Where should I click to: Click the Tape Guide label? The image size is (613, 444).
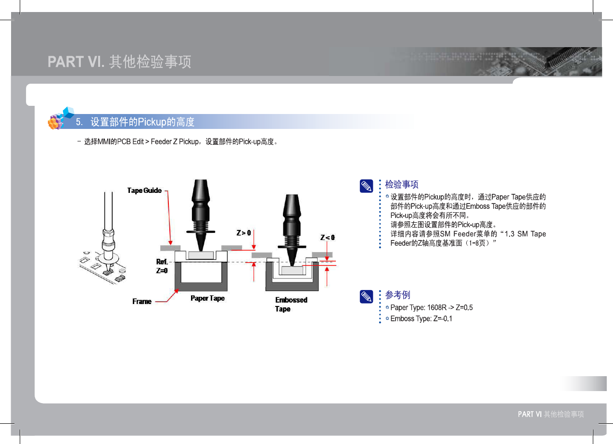(144, 190)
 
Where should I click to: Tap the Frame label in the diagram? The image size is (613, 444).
(142, 302)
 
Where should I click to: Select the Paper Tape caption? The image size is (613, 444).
(207, 298)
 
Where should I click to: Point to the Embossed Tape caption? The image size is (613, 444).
(291, 304)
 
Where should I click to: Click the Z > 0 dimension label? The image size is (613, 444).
(243, 233)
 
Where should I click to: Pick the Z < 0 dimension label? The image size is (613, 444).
(328, 237)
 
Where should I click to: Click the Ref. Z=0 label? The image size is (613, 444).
(162, 266)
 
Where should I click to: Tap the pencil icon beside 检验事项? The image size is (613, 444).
(367, 186)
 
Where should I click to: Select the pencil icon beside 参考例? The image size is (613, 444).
(367, 297)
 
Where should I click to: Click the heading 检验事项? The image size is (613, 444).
(402, 185)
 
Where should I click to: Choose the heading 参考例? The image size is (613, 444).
(398, 295)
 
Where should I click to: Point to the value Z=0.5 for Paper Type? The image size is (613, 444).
(464, 307)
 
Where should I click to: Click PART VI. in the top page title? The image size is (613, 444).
(76, 62)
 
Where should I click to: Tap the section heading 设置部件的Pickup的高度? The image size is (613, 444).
(142, 122)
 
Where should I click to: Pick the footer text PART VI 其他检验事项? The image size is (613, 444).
(550, 414)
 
